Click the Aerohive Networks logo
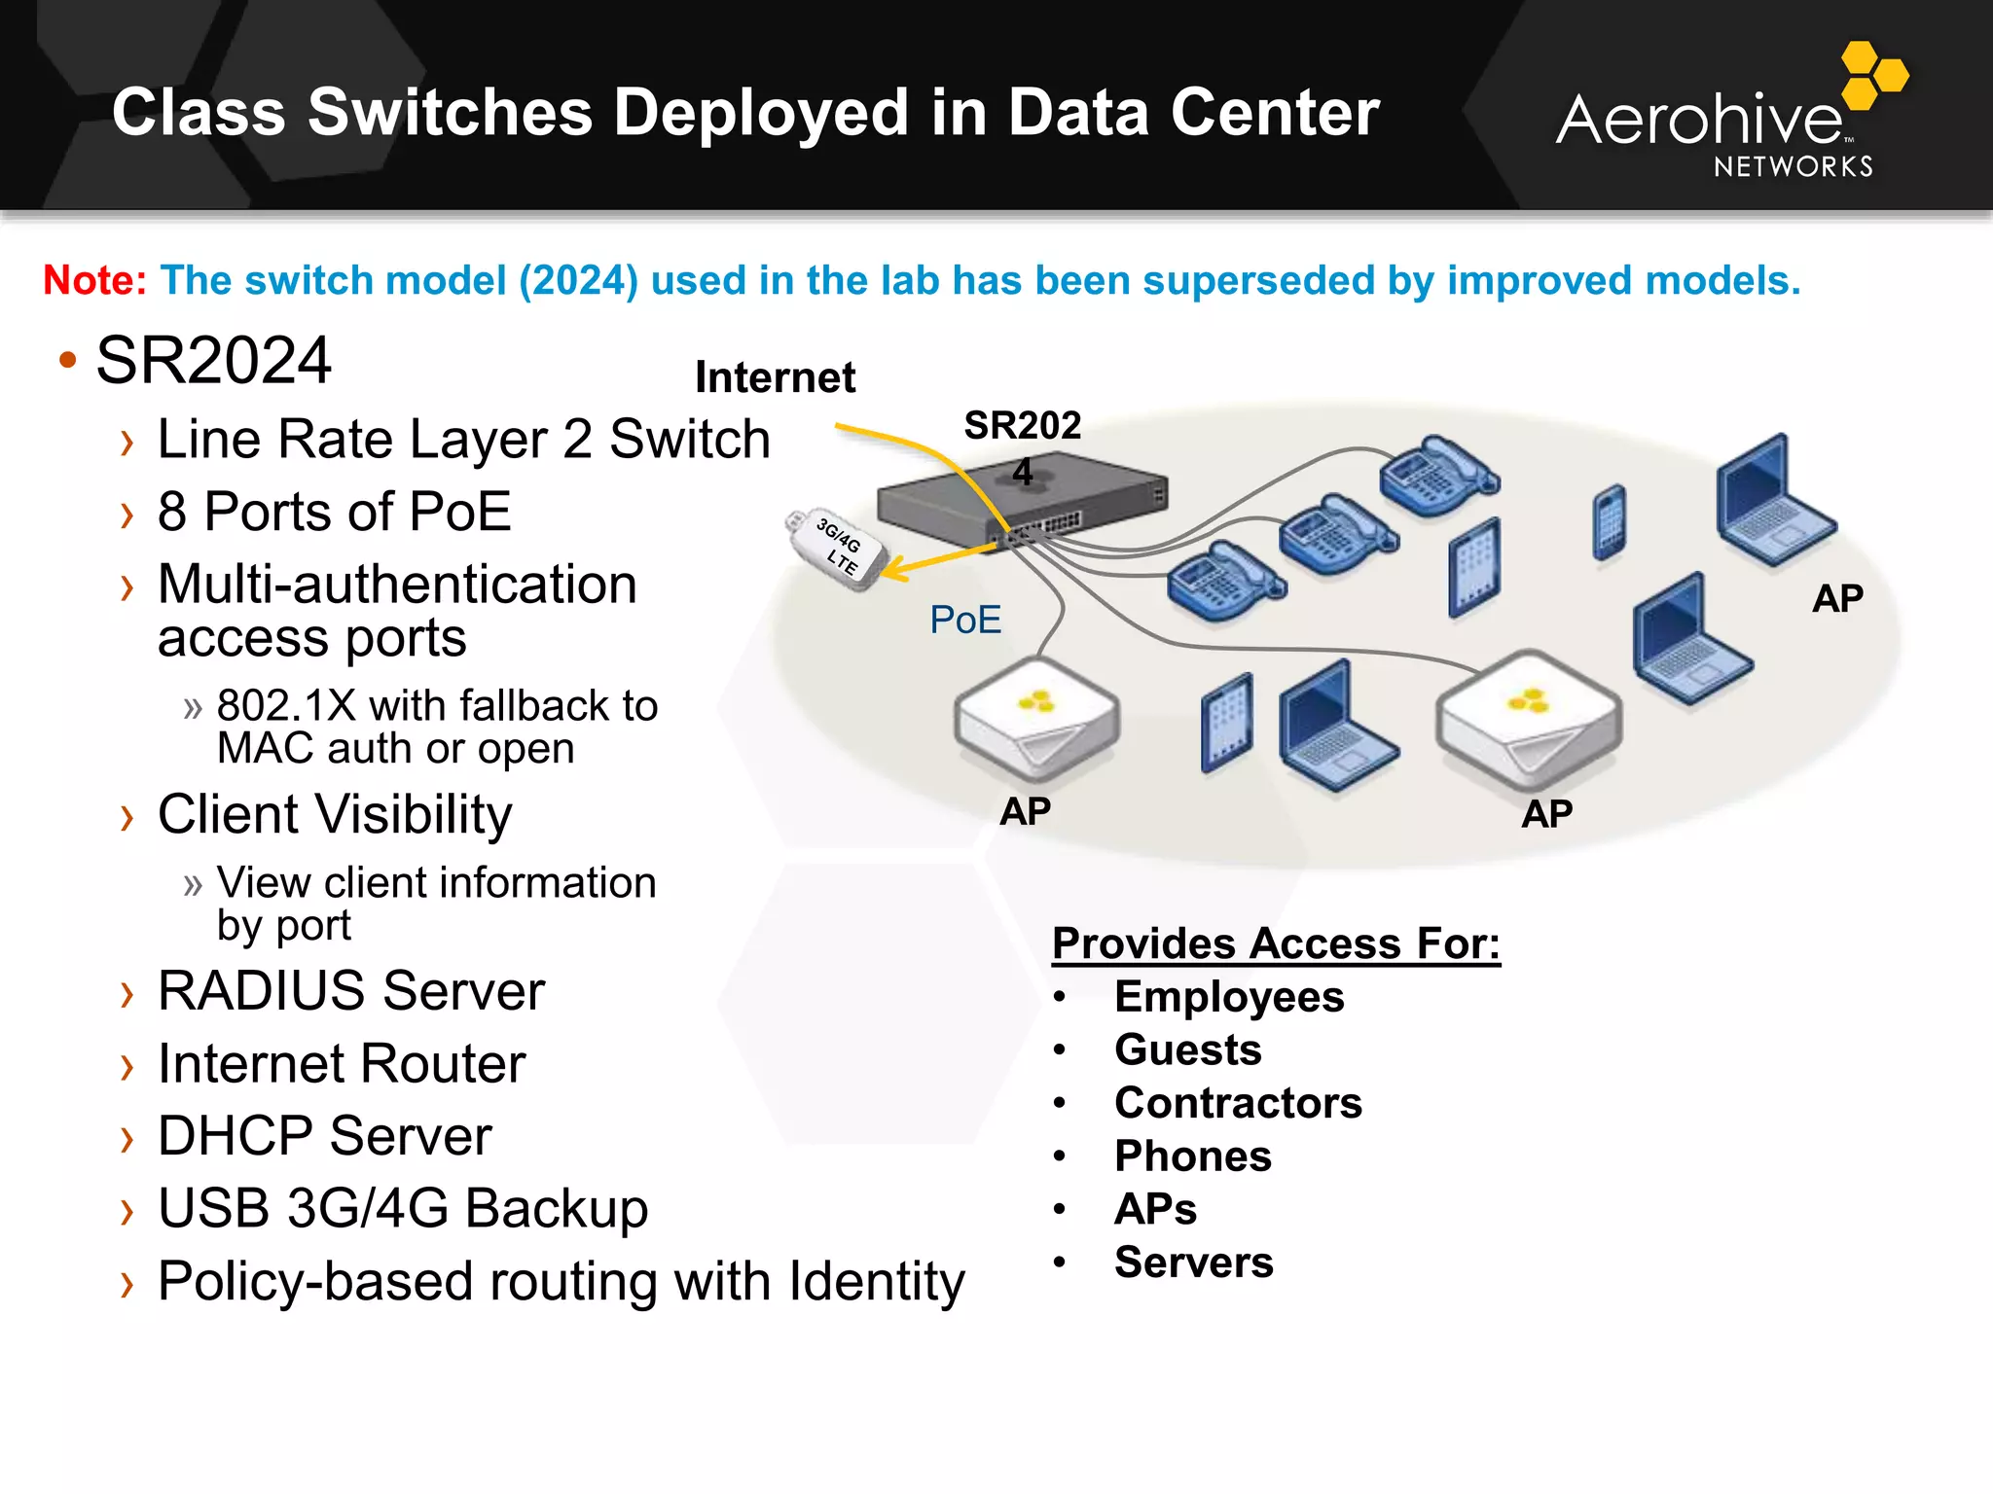pyautogui.click(x=1727, y=117)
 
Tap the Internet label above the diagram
pyautogui.click(x=775, y=377)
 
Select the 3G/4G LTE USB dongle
pyautogui.click(x=837, y=549)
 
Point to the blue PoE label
pyautogui.click(x=964, y=620)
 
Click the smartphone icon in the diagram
pyautogui.click(x=1609, y=522)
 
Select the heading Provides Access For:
pyautogui.click(x=1276, y=943)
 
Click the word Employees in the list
pyautogui.click(x=1229, y=997)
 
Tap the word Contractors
pyautogui.click(x=1238, y=1103)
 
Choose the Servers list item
pyautogui.click(x=1193, y=1263)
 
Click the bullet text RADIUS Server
pyautogui.click(x=350, y=991)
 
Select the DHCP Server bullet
pyautogui.click(x=324, y=1136)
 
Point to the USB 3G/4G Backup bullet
pyautogui.click(x=402, y=1209)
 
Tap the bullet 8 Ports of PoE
pyautogui.click(x=334, y=512)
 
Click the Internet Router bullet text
pyautogui.click(x=341, y=1064)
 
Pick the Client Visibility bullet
pyautogui.click(x=334, y=814)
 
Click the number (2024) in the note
pyautogui.click(x=578, y=280)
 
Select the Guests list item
pyautogui.click(x=1187, y=1050)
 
